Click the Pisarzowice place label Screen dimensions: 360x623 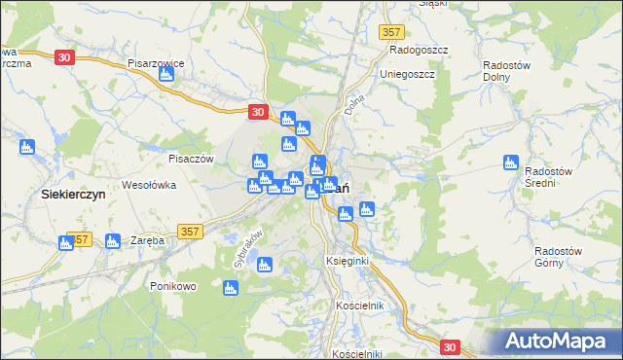[156, 62]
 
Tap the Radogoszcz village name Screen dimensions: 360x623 [418, 49]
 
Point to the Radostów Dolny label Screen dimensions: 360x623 [506, 72]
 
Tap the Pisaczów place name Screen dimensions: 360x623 [190, 159]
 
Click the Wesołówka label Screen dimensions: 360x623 [148, 184]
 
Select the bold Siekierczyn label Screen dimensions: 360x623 [73, 194]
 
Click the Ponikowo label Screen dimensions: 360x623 [174, 286]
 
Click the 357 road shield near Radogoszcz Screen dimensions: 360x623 [391, 32]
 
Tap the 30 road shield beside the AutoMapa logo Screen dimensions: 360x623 [449, 345]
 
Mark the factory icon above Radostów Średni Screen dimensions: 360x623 [508, 162]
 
